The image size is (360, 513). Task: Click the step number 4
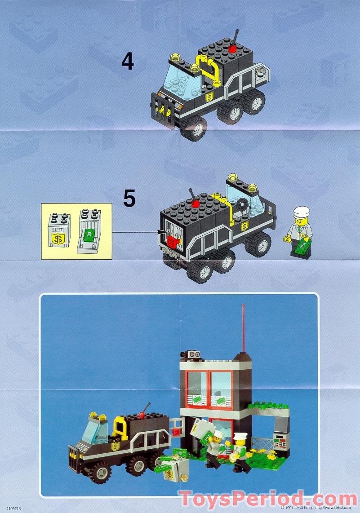128,62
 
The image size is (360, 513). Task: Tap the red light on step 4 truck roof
233,48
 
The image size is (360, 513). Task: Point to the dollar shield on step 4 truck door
209,97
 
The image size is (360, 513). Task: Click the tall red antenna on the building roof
243,328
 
